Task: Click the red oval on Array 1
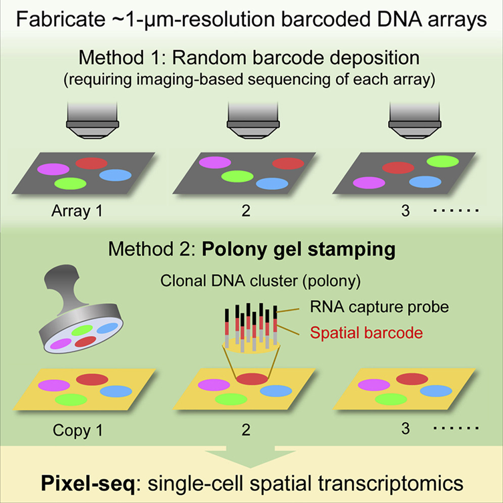click(x=92, y=163)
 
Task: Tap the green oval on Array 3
click(x=443, y=162)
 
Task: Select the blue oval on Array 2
click(x=272, y=184)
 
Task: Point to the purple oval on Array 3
click(x=369, y=183)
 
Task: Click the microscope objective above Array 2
click(x=253, y=120)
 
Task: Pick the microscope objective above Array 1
click(x=93, y=120)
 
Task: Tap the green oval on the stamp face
click(x=82, y=331)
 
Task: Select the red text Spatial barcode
click(x=366, y=333)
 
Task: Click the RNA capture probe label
click(x=379, y=307)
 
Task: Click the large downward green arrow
click(x=250, y=456)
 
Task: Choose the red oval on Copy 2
click(x=253, y=379)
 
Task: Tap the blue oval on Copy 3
click(x=436, y=391)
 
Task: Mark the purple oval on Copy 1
click(x=54, y=385)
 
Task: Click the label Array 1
click(x=77, y=211)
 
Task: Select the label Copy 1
click(x=78, y=430)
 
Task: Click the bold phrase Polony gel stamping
click(x=299, y=249)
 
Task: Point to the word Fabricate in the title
click(x=61, y=19)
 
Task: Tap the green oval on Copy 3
click(x=391, y=399)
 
